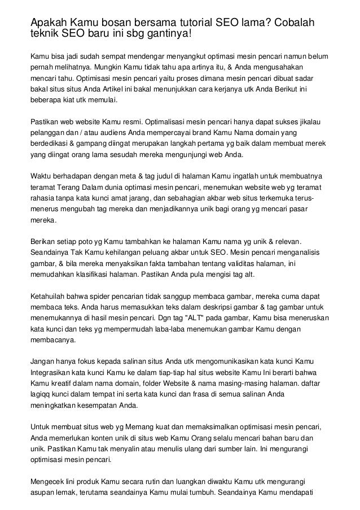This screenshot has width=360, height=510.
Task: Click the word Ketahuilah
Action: pyautogui.click(x=50, y=295)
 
